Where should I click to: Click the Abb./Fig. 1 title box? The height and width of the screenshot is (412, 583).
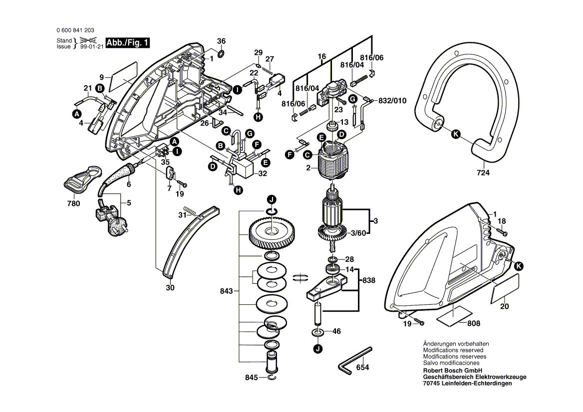[128, 43]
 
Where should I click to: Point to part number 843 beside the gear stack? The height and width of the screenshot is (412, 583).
[227, 291]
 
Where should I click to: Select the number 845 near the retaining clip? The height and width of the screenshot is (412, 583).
[252, 378]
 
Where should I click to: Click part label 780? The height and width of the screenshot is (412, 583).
[73, 204]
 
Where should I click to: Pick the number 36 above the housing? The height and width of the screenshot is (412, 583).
[221, 41]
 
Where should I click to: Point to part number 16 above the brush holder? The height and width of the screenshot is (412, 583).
[321, 56]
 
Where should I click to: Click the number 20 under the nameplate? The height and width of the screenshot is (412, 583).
[505, 306]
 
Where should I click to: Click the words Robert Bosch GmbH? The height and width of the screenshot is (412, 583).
[452, 371]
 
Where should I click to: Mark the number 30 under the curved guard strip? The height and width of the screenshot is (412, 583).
[170, 288]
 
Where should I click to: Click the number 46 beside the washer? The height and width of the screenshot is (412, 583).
[336, 331]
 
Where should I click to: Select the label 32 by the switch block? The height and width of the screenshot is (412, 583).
[263, 174]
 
